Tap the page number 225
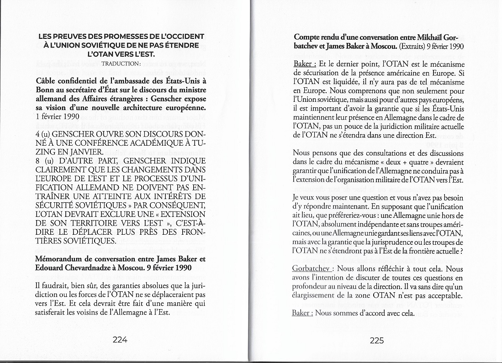[x=376, y=340]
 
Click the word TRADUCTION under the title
[x=121, y=64]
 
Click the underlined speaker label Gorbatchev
[x=310, y=269]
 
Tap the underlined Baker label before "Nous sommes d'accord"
[x=301, y=313]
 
